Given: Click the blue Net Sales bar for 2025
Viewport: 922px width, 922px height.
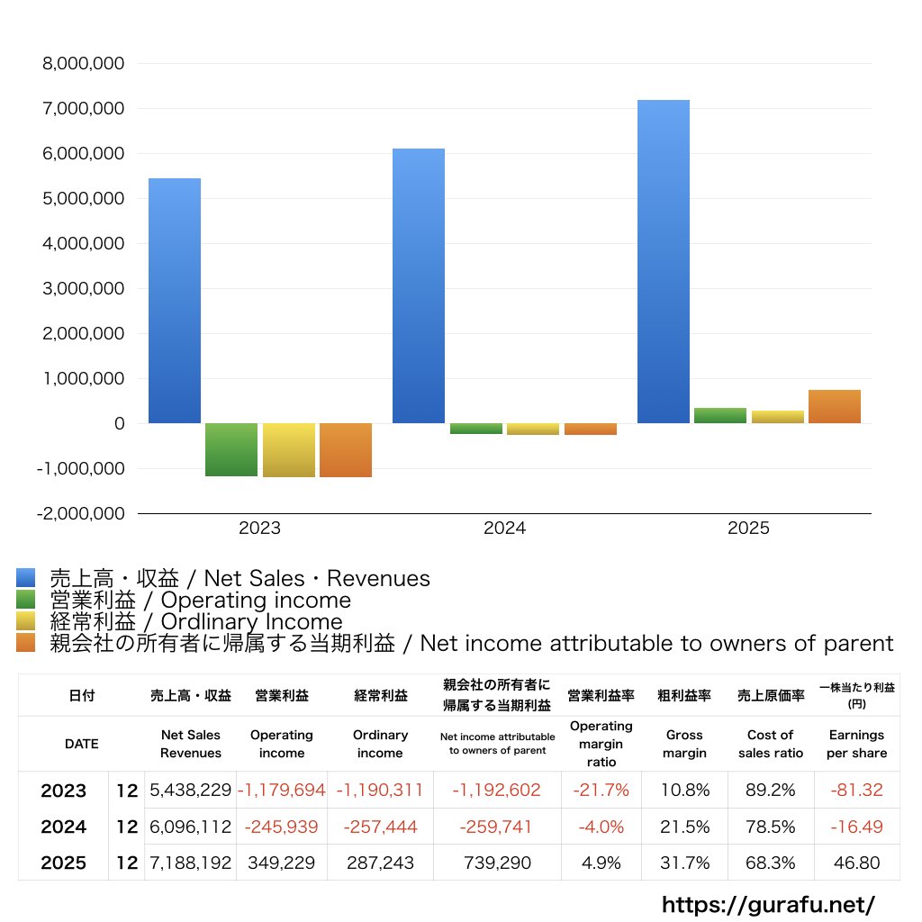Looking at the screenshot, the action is click(664, 262).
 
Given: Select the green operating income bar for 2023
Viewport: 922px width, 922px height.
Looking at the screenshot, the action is click(231, 450).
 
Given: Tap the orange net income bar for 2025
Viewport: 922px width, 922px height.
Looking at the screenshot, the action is click(835, 406).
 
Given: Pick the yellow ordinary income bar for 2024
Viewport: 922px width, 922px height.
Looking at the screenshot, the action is click(533, 429).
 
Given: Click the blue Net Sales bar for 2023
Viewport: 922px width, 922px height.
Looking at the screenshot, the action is click(175, 301).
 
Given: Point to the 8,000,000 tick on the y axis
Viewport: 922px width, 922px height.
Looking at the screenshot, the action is click(84, 64).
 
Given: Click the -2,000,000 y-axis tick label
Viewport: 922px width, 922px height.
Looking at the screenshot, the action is click(80, 514).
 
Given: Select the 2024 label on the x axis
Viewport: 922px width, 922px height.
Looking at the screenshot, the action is click(504, 528).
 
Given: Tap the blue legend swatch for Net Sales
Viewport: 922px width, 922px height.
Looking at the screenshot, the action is click(26, 577).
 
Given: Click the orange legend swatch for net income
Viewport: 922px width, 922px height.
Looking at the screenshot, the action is click(26, 643).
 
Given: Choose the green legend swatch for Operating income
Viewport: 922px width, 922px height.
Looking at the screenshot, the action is click(26, 599).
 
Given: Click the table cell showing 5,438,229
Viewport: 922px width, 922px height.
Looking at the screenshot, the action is click(191, 790).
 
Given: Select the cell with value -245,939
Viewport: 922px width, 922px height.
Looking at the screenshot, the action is click(281, 827).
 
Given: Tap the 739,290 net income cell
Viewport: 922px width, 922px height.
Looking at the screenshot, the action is click(497, 863).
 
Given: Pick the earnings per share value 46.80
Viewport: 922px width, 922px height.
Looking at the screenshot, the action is click(857, 863).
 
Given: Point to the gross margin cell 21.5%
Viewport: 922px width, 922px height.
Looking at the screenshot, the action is click(684, 827).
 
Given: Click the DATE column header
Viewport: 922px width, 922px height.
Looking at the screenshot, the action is click(82, 744).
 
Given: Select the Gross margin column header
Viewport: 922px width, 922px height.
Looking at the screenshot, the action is click(684, 744).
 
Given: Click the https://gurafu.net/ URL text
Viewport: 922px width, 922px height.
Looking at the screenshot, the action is click(768, 905).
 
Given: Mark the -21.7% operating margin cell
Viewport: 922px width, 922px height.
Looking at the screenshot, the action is click(601, 790).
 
